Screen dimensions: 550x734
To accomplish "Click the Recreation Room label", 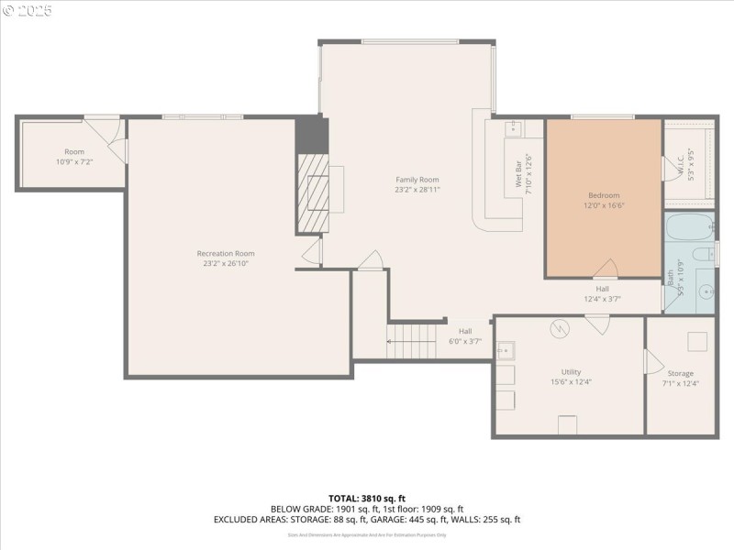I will coord(226,253).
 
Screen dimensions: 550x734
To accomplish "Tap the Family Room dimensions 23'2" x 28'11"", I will coord(417,190).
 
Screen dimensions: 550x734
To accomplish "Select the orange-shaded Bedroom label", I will coord(604,195).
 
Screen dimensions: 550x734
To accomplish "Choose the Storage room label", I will coord(681,373).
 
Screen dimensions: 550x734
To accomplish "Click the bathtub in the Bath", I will coord(689,226).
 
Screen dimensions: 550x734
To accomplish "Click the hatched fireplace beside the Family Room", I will coord(314,192).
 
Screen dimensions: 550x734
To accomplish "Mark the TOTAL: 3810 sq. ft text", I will coord(367,498).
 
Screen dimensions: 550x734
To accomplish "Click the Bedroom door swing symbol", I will coord(606,268).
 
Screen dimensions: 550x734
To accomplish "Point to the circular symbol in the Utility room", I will coord(559,327).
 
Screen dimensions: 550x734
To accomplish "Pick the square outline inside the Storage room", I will coord(697,342).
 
